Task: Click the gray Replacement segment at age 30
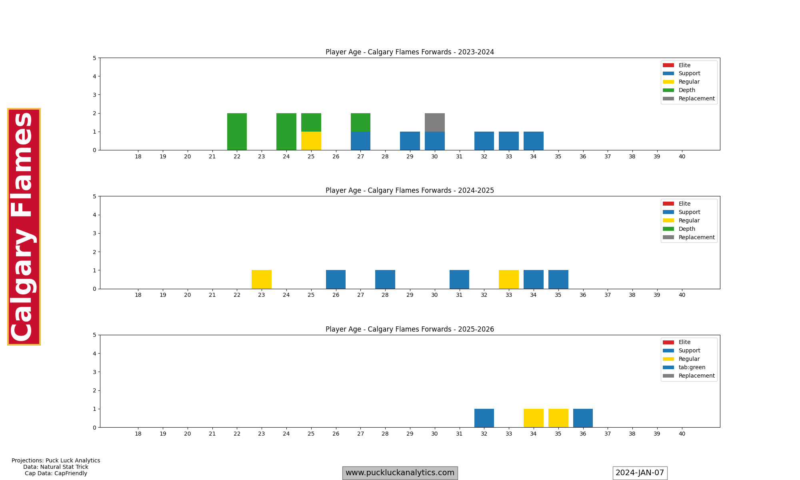[x=434, y=122]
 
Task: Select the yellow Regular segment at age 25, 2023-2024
[x=311, y=141]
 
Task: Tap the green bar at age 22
[x=237, y=132]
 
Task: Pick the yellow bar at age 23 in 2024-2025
[x=262, y=279]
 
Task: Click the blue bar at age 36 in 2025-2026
[x=583, y=418]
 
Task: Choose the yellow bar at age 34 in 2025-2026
[x=533, y=418]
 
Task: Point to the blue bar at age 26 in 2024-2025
[x=336, y=279]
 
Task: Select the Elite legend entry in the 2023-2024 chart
[x=684, y=65]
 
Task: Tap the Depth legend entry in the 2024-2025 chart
[x=687, y=229]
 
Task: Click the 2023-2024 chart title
[x=410, y=52]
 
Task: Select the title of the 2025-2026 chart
[x=410, y=329]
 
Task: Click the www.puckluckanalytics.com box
[x=400, y=473]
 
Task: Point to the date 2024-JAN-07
[x=640, y=473]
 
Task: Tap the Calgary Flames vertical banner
[x=24, y=226]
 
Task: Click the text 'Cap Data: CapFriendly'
[x=56, y=473]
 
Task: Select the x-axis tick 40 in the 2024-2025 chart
[x=682, y=295]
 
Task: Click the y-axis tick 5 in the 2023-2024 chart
[x=94, y=58]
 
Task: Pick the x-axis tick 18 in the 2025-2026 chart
[x=138, y=434]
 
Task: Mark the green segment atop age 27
[x=360, y=122]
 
